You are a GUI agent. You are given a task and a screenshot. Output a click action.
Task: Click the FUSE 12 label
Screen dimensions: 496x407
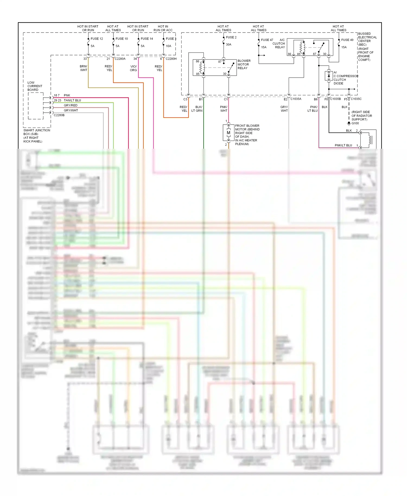point(97,39)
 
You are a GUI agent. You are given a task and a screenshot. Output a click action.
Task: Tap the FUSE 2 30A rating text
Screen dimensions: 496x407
point(228,44)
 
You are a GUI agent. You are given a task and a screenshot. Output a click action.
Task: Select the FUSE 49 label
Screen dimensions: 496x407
point(347,40)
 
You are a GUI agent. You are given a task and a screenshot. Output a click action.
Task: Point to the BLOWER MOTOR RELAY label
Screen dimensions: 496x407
point(244,65)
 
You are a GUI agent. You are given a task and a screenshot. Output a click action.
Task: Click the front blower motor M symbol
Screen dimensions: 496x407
point(228,133)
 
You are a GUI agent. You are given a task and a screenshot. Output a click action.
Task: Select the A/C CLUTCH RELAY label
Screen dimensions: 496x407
point(279,43)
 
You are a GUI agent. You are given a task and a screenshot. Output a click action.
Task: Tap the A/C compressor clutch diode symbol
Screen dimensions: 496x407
point(329,76)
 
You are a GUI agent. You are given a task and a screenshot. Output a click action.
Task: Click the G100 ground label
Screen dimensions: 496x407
point(355,123)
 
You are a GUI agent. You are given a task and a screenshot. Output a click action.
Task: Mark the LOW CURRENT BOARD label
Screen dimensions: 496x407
point(34,86)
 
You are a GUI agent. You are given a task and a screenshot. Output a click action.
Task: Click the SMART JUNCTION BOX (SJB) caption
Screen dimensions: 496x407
point(36,136)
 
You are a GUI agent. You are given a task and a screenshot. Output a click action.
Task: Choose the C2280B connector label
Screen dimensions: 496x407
point(59,115)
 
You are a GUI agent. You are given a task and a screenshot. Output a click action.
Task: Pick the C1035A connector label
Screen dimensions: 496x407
point(296,99)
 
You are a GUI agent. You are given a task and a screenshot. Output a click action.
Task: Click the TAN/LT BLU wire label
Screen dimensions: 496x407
point(72,100)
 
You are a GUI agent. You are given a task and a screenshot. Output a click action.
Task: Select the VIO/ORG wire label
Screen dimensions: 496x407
point(133,68)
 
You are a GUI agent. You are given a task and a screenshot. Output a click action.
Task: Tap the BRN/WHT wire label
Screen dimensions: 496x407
point(83,68)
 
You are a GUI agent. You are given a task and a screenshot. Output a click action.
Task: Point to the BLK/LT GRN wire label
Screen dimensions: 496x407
point(197,109)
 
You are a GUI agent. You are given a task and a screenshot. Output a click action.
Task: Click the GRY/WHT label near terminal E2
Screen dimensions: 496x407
point(284,109)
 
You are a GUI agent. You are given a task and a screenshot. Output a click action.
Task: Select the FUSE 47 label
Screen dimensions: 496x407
point(267,40)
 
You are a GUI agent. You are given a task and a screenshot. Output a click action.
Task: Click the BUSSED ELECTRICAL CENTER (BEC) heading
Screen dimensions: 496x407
point(367,39)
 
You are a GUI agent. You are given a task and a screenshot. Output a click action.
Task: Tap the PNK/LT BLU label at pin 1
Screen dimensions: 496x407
point(343,145)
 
